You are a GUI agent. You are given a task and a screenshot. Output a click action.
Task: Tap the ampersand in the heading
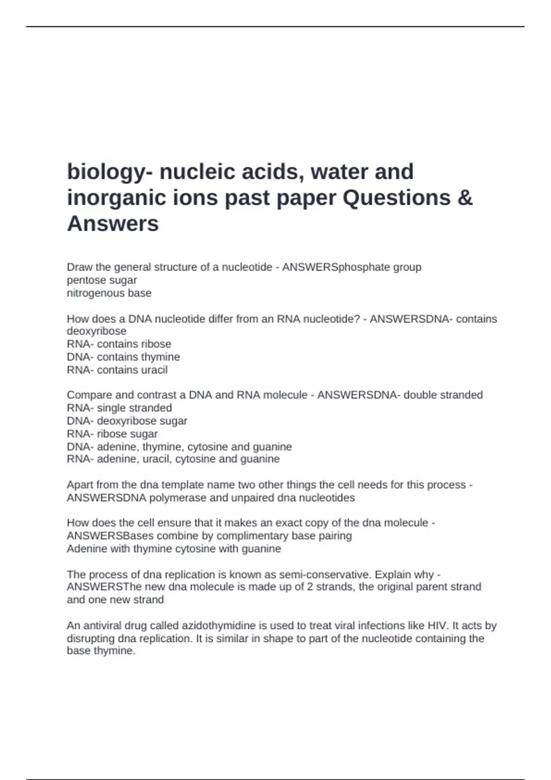[x=465, y=198]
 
